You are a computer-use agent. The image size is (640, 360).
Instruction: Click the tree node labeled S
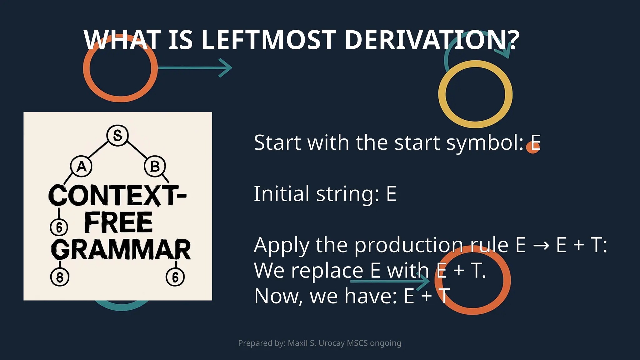117,135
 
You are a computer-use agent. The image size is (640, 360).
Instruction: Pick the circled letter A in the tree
81,167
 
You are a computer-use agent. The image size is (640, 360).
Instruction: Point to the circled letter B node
155,167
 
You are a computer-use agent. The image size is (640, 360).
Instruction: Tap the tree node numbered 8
60,277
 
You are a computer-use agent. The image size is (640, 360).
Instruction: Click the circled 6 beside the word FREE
59,227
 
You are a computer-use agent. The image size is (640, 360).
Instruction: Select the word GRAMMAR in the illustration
121,250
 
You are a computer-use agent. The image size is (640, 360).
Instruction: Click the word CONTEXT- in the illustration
117,195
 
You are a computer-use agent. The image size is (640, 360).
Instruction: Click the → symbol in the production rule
541,245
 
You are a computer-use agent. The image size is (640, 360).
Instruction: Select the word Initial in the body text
282,194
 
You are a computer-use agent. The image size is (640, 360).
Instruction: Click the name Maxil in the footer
297,343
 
